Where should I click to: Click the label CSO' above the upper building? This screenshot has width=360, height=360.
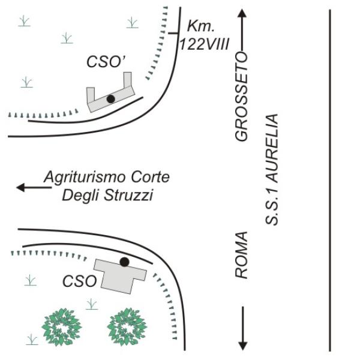[106, 62]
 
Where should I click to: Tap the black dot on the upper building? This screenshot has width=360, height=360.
[110, 99]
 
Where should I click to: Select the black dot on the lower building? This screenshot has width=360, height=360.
[124, 262]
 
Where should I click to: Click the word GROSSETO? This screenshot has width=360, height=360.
[241, 97]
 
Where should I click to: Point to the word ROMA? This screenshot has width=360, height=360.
[241, 255]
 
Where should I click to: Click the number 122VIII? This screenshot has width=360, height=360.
[204, 44]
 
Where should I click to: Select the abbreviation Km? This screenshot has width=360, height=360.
[201, 26]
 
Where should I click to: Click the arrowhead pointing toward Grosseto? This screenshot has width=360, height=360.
[242, 13]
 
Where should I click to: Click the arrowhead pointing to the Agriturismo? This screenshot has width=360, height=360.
[20, 187]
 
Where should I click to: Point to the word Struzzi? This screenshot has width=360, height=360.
[128, 196]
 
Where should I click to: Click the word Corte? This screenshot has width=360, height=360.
[151, 177]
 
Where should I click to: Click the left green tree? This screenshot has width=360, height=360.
[62, 327]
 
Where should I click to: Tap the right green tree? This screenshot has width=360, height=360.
[127, 327]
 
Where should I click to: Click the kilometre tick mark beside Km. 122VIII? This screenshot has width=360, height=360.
[173, 34]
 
